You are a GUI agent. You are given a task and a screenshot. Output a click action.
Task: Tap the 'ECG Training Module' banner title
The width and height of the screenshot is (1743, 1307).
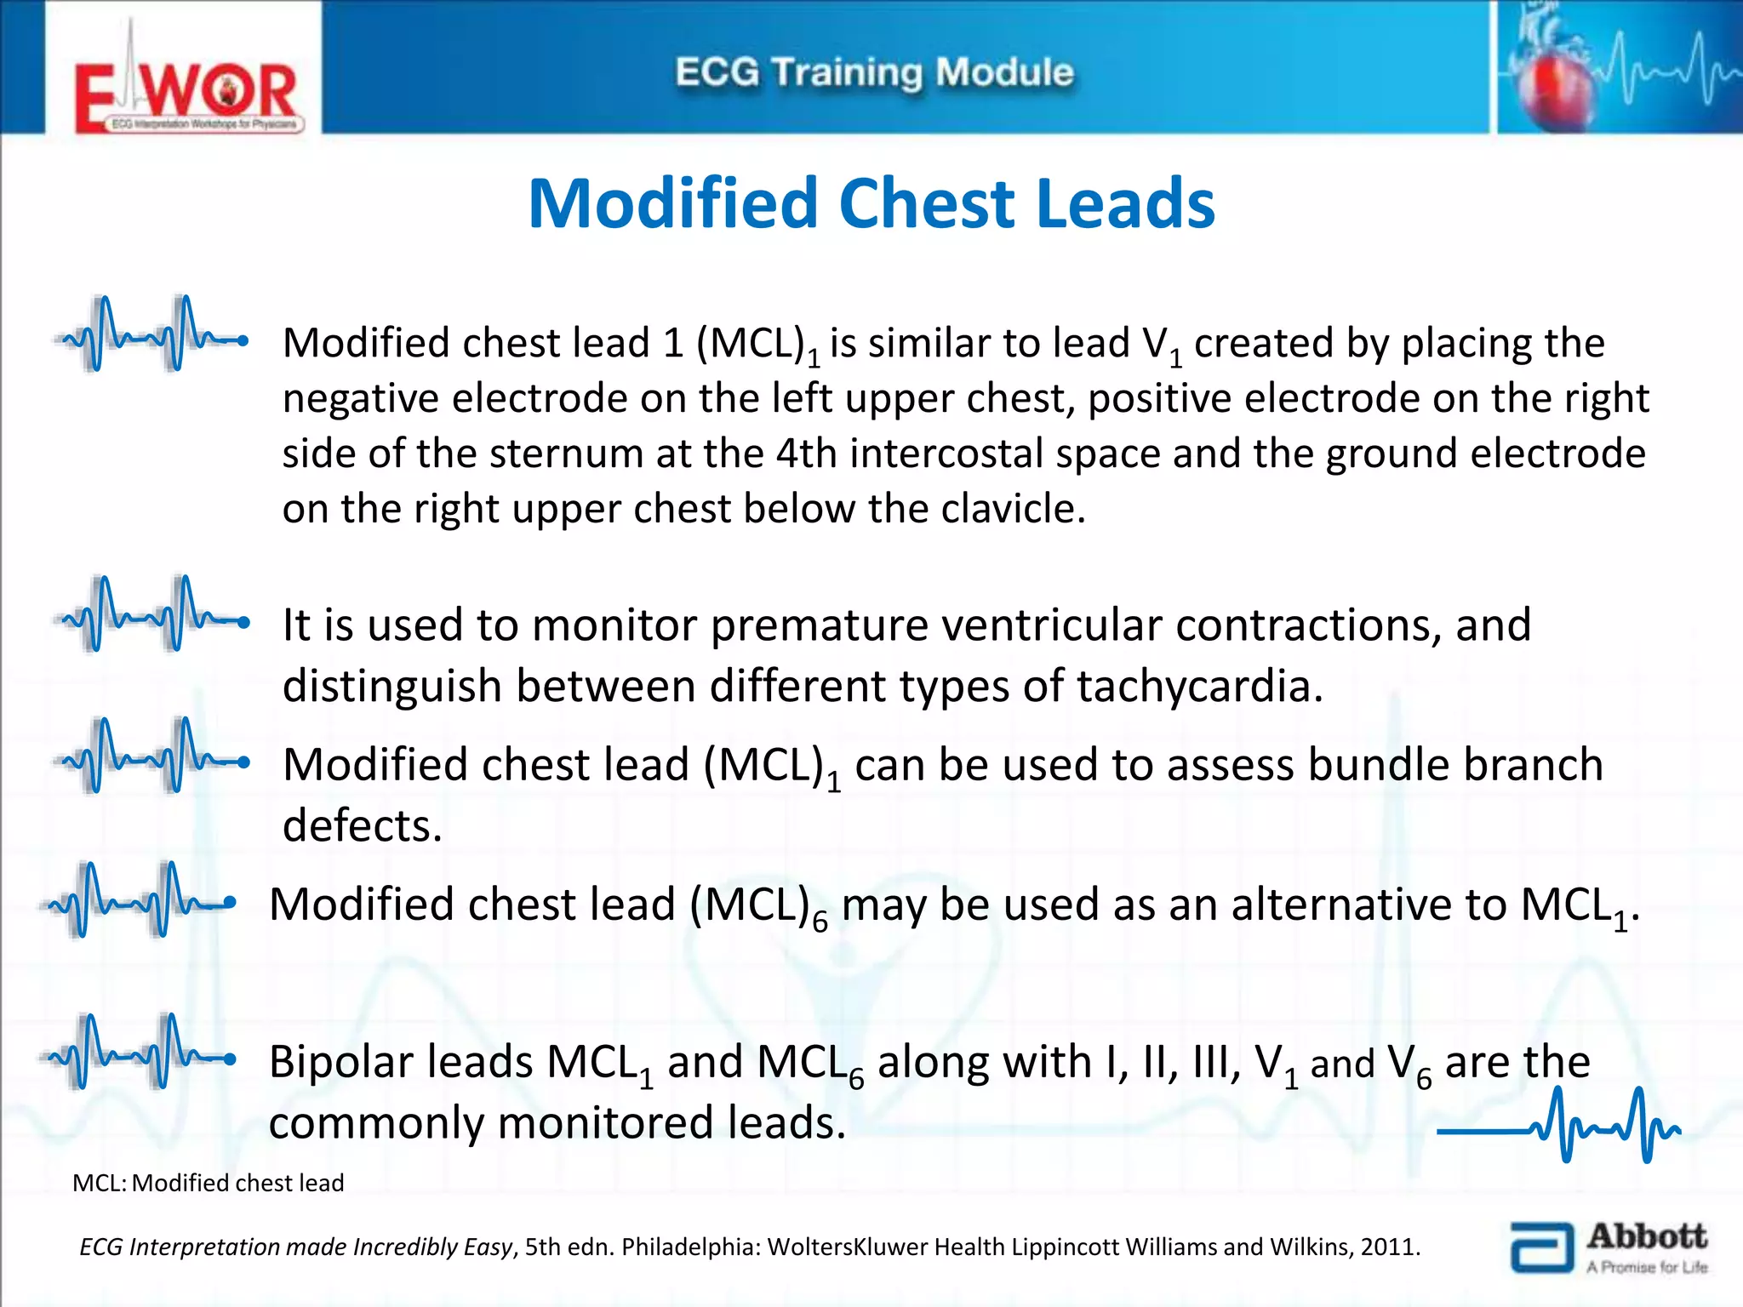click(x=874, y=72)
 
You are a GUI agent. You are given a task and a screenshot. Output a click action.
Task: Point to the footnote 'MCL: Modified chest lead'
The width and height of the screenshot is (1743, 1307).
click(x=209, y=1183)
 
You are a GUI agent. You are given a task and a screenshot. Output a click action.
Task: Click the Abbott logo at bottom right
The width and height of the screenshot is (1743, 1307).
click(x=1609, y=1247)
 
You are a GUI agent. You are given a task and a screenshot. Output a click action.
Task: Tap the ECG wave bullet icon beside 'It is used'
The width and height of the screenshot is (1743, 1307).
click(x=151, y=614)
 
